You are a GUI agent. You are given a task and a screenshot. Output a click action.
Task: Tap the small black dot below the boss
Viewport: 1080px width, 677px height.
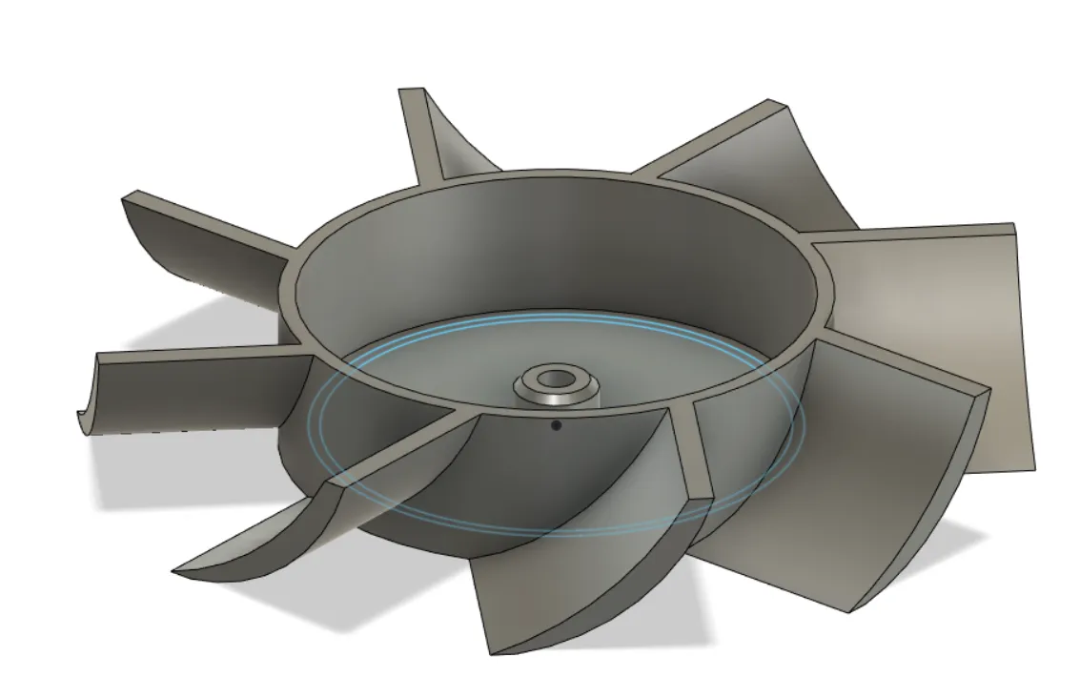click(x=556, y=426)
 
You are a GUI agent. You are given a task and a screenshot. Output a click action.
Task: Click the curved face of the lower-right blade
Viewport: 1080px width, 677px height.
click(x=839, y=496)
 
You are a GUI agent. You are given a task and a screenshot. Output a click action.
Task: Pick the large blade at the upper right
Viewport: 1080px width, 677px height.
click(x=753, y=172)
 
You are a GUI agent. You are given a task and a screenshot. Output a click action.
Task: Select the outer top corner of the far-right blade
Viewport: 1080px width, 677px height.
click(x=1011, y=226)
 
